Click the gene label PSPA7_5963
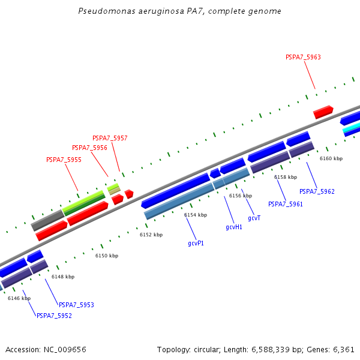pos(303,58)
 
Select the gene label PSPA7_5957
pos(110,138)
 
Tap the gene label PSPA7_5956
pos(89,148)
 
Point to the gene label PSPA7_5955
pos(64,160)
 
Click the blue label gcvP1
pos(196,243)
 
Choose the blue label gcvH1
pos(234,227)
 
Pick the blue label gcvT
pos(254,218)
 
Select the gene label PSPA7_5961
pos(286,204)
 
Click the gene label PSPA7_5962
pos(317,191)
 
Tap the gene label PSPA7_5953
pos(76,305)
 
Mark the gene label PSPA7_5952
pos(54,316)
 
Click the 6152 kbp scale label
pos(151,235)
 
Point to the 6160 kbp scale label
pos(331,158)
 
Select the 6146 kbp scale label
pos(19,298)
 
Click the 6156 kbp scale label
pos(241,196)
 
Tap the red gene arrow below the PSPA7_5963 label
pos(323,112)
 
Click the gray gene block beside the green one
pos(47,220)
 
